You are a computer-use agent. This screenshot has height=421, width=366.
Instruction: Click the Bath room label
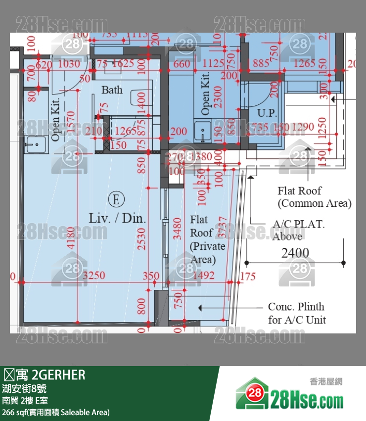(112, 90)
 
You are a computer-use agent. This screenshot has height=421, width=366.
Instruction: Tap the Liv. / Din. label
(117, 218)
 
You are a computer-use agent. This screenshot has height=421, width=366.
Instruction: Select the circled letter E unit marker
(116, 199)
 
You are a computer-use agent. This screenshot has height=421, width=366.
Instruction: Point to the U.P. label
(267, 113)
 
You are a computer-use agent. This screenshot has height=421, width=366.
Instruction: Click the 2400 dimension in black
(295, 253)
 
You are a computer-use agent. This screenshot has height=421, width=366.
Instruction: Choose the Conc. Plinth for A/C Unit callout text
(296, 313)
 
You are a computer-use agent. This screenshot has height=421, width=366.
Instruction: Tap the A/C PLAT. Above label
(299, 230)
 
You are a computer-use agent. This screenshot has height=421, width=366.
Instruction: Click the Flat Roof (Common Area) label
(314, 197)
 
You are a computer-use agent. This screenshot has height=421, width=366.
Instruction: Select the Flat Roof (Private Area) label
(207, 239)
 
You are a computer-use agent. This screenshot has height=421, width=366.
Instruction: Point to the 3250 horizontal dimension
(93, 276)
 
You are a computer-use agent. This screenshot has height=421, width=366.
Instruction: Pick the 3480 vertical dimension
(177, 229)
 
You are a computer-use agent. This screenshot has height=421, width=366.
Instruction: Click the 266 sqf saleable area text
(56, 412)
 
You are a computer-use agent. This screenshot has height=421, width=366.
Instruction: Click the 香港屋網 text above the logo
(326, 381)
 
